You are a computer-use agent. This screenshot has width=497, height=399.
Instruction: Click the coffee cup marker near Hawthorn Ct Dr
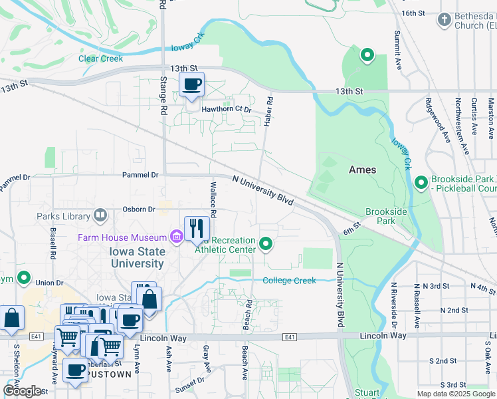(192, 85)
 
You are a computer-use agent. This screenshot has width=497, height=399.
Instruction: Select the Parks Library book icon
(100, 215)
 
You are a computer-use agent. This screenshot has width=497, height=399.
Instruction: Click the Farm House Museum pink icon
(176, 237)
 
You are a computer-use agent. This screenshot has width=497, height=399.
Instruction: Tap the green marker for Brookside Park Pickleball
(421, 182)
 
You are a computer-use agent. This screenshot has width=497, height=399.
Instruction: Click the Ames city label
(363, 170)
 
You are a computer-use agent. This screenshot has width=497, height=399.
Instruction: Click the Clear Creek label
(101, 59)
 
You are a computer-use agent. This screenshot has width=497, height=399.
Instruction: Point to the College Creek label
(289, 281)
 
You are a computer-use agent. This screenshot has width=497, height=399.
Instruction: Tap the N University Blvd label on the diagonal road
(263, 190)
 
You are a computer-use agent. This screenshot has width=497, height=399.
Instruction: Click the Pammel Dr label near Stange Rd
(140, 175)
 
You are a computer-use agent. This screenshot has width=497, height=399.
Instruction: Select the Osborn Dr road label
(139, 209)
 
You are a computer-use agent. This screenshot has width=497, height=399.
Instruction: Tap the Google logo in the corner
(22, 391)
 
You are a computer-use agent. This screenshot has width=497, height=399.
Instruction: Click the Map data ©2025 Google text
(456, 394)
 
